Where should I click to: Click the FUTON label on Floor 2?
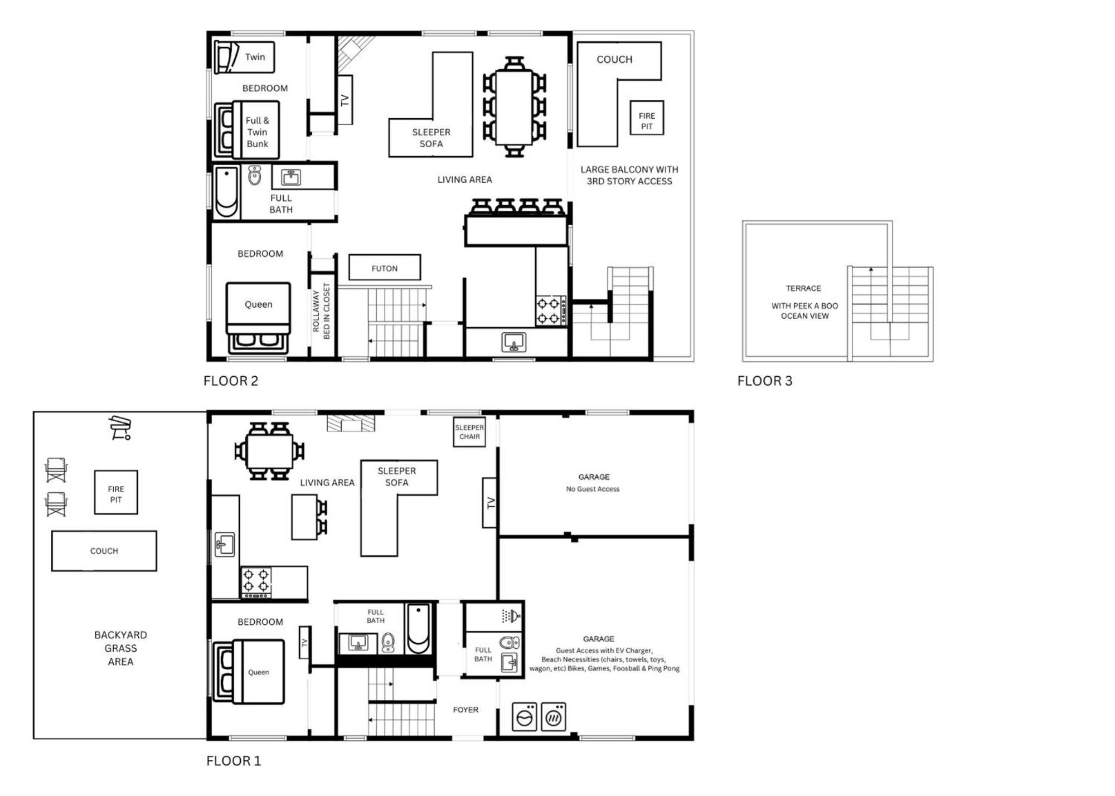385,268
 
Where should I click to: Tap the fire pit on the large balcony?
647,118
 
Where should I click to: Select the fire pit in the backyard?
116,492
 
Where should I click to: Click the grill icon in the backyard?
120,428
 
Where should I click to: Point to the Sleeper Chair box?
469,432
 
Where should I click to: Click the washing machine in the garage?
525,717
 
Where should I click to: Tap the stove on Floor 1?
256,583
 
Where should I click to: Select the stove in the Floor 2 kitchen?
551,311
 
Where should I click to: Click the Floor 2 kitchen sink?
513,342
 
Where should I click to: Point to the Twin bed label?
255,57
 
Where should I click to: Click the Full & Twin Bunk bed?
246,129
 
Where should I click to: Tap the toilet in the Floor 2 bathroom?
255,175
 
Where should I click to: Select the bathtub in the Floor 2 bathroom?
226,192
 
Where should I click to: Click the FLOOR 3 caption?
764,381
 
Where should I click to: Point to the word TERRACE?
803,288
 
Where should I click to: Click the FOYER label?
466,710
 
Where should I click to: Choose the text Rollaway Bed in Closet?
321,310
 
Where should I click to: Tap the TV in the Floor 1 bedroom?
304,642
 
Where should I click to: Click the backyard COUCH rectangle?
104,551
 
